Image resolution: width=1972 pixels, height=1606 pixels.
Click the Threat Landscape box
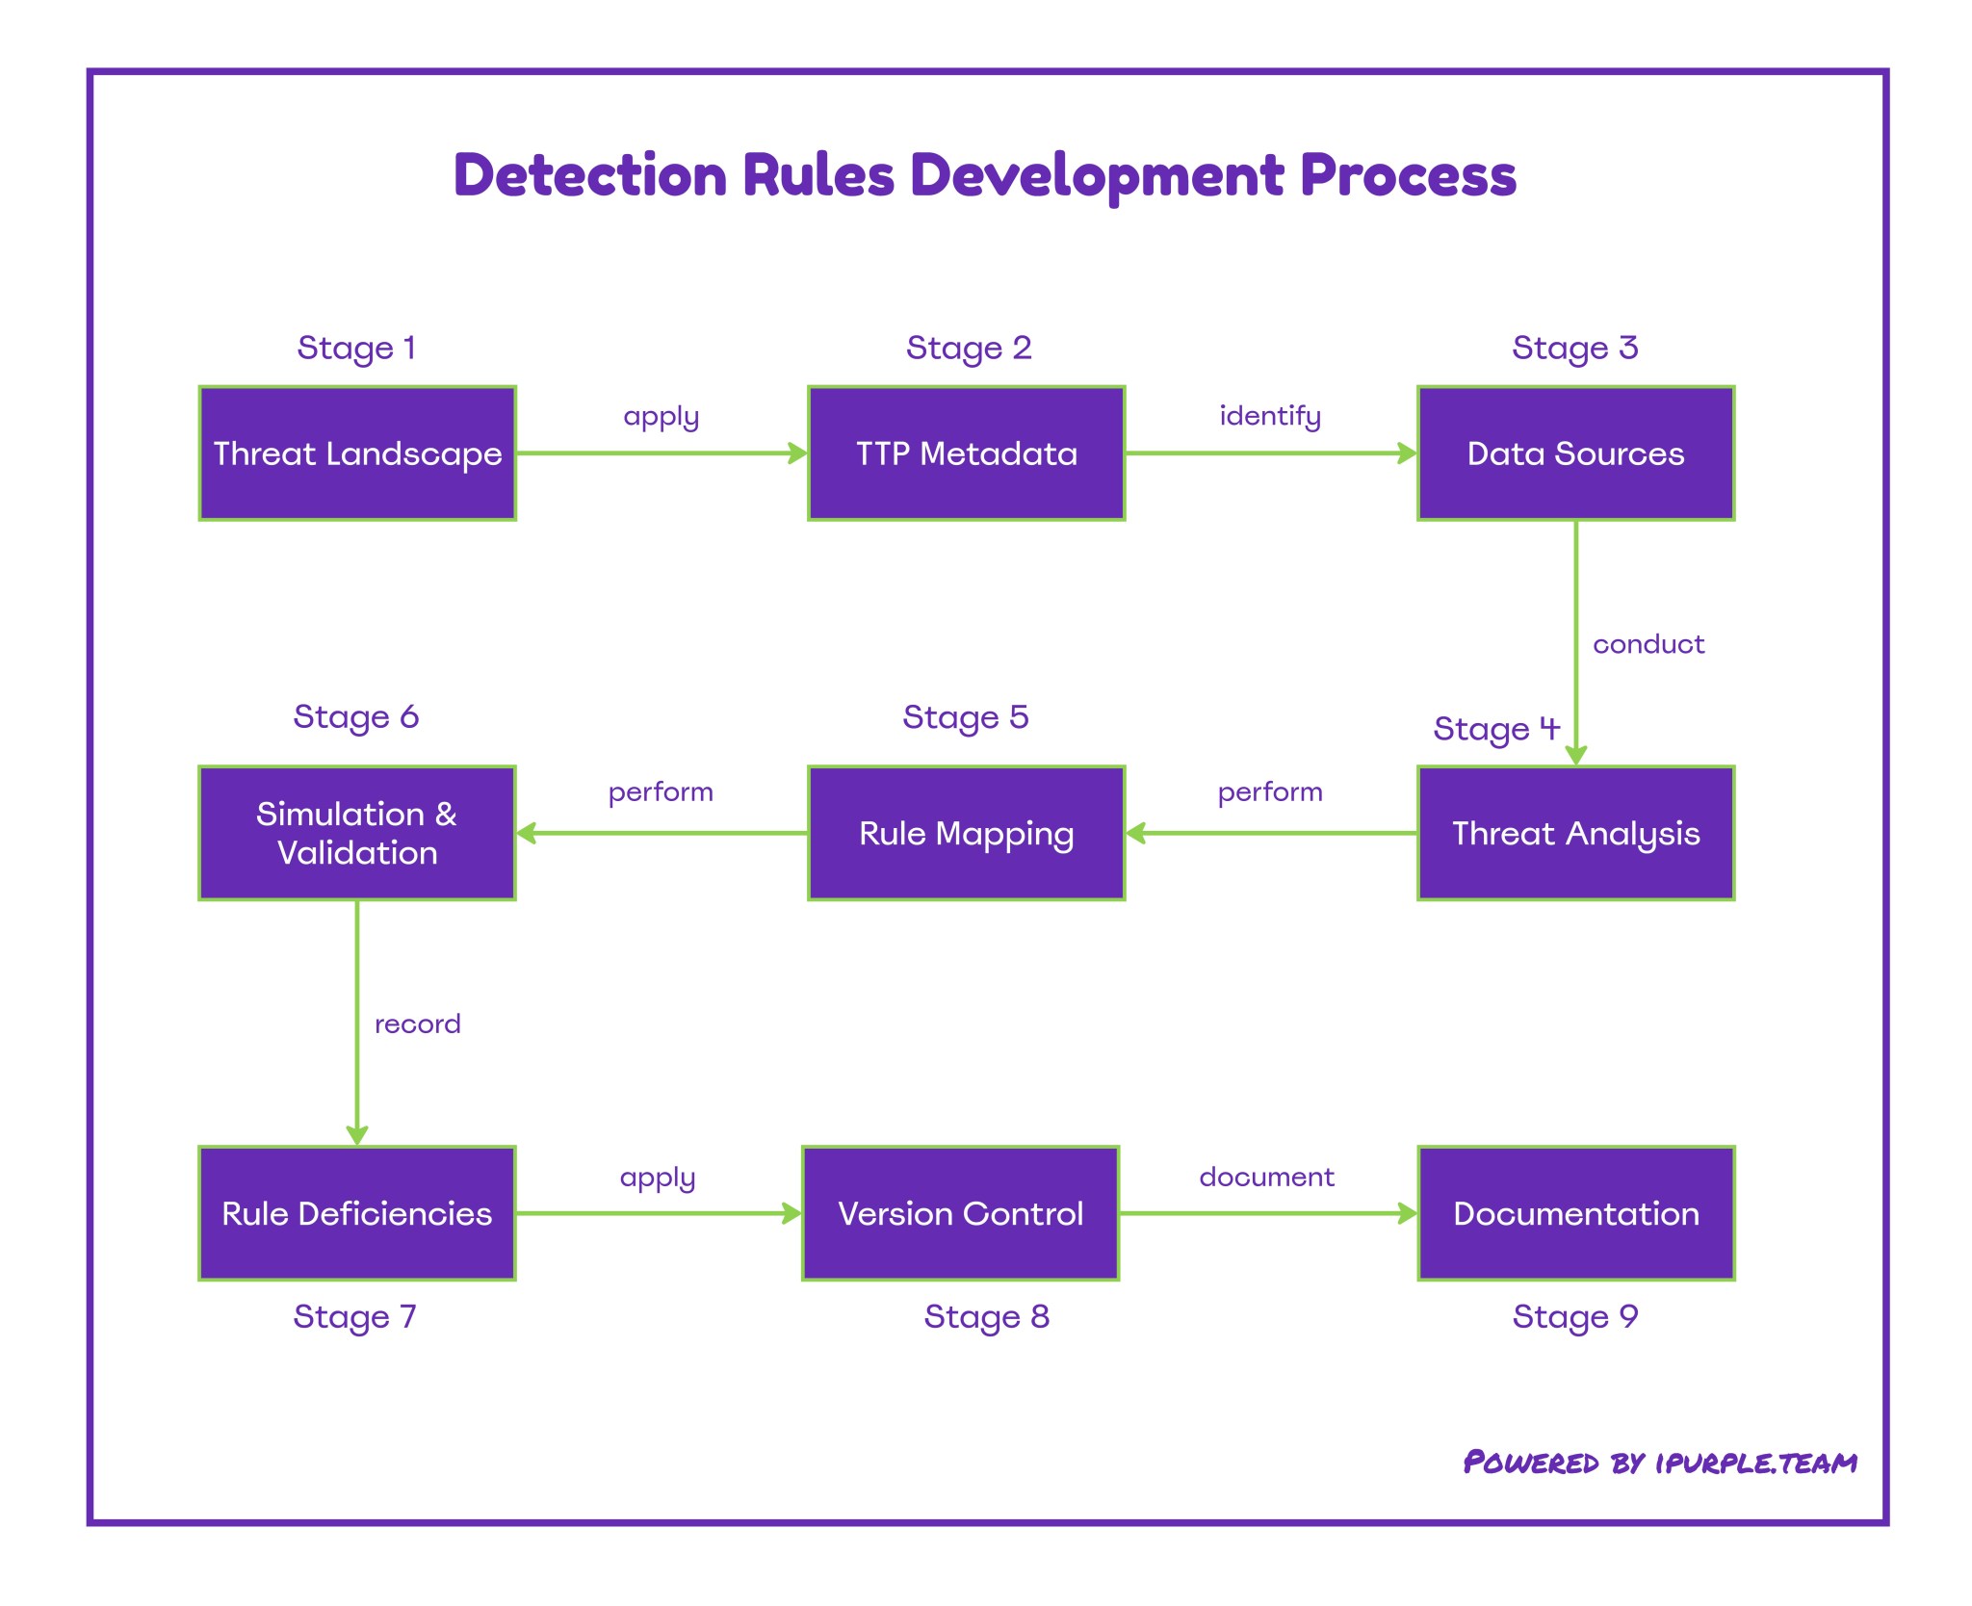coord(357,453)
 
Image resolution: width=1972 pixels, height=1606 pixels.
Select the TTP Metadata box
coord(966,453)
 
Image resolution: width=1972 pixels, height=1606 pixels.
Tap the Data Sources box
coord(1575,453)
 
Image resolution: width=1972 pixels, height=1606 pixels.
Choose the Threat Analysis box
coord(1575,833)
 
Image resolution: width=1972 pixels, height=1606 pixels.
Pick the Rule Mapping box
coord(966,833)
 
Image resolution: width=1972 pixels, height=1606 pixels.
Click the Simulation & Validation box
coord(357,833)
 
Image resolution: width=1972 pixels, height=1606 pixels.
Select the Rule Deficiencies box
coord(357,1213)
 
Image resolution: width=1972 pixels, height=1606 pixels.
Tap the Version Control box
coord(960,1213)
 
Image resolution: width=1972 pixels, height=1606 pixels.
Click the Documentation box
coord(1575,1213)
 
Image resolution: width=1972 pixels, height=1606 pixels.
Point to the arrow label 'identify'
coord(1270,416)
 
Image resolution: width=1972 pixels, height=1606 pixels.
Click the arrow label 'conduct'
coord(1648,644)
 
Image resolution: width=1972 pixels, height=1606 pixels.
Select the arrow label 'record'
coord(417,1023)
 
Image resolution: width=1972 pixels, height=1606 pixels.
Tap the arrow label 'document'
coord(1266,1177)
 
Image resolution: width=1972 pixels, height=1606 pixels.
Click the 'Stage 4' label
coord(1495,729)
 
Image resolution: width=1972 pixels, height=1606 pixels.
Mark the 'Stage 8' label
coord(986,1316)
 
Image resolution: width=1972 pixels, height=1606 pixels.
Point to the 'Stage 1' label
coord(356,348)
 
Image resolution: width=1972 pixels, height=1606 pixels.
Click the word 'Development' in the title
coord(1098,176)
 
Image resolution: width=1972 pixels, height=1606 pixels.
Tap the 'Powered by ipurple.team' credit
coord(1659,1463)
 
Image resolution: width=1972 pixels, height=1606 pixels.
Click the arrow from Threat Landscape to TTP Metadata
coord(662,453)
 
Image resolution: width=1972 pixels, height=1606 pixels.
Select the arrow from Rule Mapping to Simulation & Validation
coord(662,833)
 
